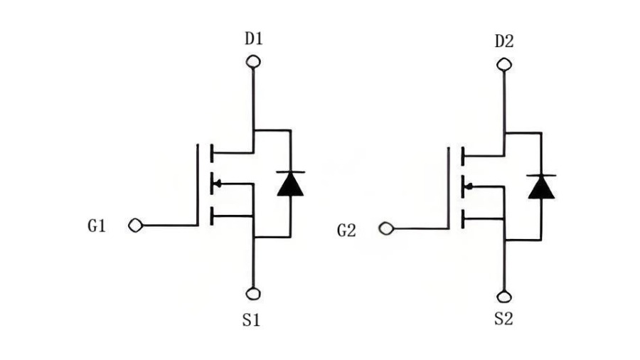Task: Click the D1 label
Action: coord(254,38)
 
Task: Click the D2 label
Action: coord(504,41)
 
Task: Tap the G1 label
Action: coord(97,226)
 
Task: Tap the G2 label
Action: coord(347,230)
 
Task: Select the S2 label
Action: coord(503,319)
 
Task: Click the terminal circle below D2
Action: coord(504,65)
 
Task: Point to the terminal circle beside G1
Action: coord(135,226)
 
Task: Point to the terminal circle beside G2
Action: coord(386,229)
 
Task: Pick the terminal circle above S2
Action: coord(504,297)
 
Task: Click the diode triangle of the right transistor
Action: coord(541,187)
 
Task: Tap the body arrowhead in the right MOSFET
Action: coord(467,186)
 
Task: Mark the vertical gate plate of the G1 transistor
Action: coord(198,184)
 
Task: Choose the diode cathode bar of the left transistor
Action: coord(290,173)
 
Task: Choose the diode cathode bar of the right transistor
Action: coord(541,175)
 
